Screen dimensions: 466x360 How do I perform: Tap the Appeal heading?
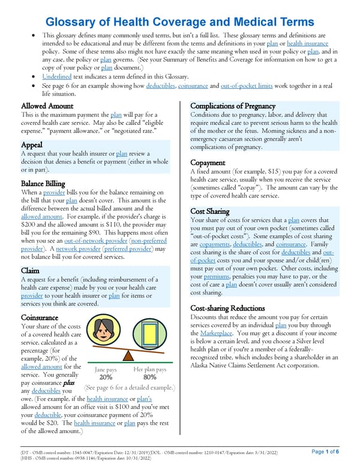tap(31, 145)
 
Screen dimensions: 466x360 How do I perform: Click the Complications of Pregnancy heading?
tap(237, 106)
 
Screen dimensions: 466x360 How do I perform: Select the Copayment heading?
tap(208, 163)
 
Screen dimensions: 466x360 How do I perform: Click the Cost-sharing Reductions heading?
tap(231, 308)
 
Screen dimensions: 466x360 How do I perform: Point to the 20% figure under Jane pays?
tap(106, 377)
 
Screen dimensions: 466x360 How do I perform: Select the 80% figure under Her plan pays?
tap(150, 377)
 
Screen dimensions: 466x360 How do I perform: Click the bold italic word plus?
tap(73, 382)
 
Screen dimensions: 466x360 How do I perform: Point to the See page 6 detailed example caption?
tap(130, 388)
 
